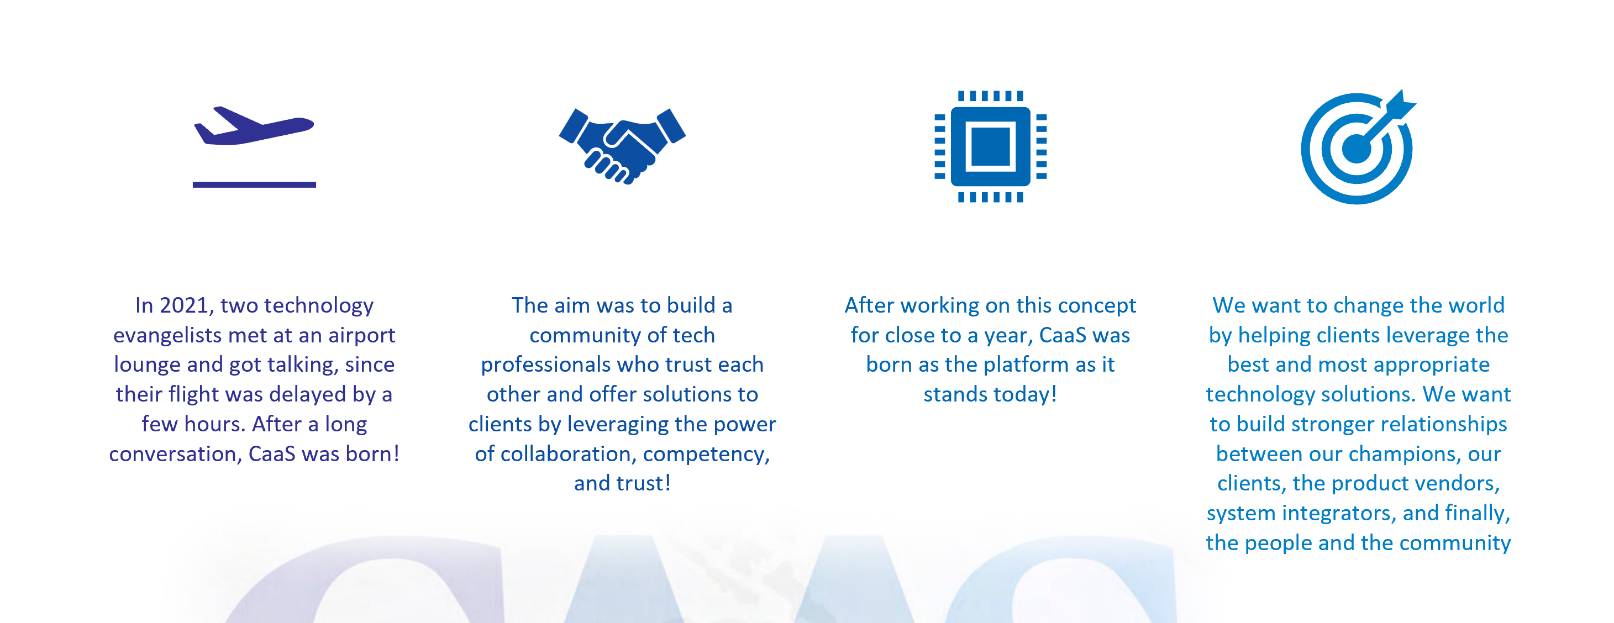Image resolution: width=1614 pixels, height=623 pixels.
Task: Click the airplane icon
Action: pyautogui.click(x=254, y=126)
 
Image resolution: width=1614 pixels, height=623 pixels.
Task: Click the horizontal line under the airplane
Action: pyautogui.click(x=254, y=184)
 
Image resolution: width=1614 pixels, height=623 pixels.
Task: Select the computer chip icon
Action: pyautogui.click(x=991, y=146)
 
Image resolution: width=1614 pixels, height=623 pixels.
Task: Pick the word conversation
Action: pyautogui.click(x=176, y=454)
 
